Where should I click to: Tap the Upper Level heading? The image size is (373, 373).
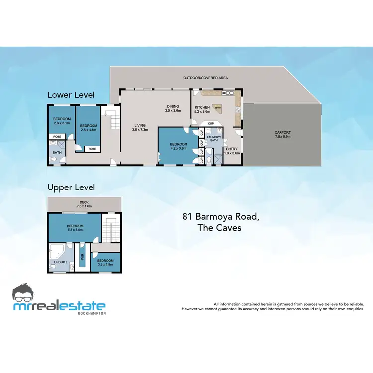(71, 187)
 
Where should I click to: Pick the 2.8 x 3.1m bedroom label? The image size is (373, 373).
(62, 121)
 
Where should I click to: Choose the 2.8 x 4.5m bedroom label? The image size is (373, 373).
(88, 127)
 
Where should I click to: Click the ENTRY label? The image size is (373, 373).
(232, 151)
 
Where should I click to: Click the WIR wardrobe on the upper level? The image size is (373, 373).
(83, 256)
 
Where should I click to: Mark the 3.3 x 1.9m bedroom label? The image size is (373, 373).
(105, 262)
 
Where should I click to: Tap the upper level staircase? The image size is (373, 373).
(111, 229)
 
